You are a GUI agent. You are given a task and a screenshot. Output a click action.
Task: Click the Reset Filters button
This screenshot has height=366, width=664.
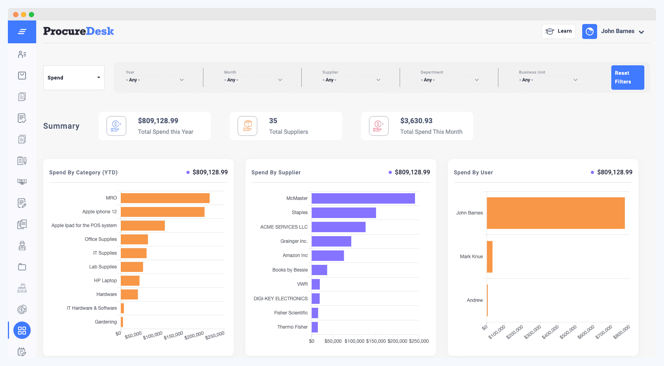coord(627,78)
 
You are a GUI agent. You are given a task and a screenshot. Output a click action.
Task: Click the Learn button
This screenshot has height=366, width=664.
coord(559,31)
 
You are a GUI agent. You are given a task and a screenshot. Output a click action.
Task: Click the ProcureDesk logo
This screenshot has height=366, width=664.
coord(79,31)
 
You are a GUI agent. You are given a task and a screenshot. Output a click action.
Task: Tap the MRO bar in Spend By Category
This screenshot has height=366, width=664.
coord(165,198)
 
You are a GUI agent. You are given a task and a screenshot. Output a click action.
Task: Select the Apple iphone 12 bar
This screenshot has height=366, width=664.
coord(162,212)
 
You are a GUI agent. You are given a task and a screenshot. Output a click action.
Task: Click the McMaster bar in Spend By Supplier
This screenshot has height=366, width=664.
coord(363,198)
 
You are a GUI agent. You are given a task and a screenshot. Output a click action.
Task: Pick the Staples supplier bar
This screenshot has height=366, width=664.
coord(344,213)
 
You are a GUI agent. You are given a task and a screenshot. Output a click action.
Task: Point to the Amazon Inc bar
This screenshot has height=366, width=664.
coord(328,255)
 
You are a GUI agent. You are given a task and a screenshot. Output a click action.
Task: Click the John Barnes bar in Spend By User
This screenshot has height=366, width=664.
coord(555,213)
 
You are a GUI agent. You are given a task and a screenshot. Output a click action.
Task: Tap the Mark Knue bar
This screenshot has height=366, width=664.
coord(490,257)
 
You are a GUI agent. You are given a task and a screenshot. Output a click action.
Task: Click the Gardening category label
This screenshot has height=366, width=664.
coord(106,322)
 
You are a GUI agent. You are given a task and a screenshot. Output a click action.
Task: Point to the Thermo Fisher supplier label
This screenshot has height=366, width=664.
coord(292,327)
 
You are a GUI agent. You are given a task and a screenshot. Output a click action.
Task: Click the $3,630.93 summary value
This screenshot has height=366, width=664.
coord(416,121)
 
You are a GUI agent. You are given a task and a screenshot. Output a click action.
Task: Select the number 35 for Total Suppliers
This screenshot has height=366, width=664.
coord(273,121)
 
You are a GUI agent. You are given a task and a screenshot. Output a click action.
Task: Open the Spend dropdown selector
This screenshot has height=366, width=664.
coord(74,78)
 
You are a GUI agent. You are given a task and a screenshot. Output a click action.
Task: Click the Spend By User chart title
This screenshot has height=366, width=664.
coord(473,172)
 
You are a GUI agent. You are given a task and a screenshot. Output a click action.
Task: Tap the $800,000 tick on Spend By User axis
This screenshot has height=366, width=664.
coord(622,332)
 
